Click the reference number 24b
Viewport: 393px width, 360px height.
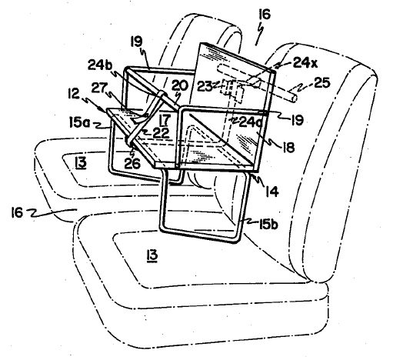coord(100,65)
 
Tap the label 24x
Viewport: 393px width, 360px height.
coord(305,62)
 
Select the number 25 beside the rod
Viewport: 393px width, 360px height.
coord(321,82)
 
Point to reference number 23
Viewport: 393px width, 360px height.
coord(205,86)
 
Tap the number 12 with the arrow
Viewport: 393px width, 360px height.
coord(75,94)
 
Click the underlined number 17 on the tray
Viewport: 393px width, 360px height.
coord(165,119)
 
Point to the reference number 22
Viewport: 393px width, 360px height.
coord(162,132)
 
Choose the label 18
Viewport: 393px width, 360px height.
coord(288,148)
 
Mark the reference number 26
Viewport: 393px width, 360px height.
coord(132,163)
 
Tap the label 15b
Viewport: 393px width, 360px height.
coord(268,225)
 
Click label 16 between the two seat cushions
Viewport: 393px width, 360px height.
coord(17,212)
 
